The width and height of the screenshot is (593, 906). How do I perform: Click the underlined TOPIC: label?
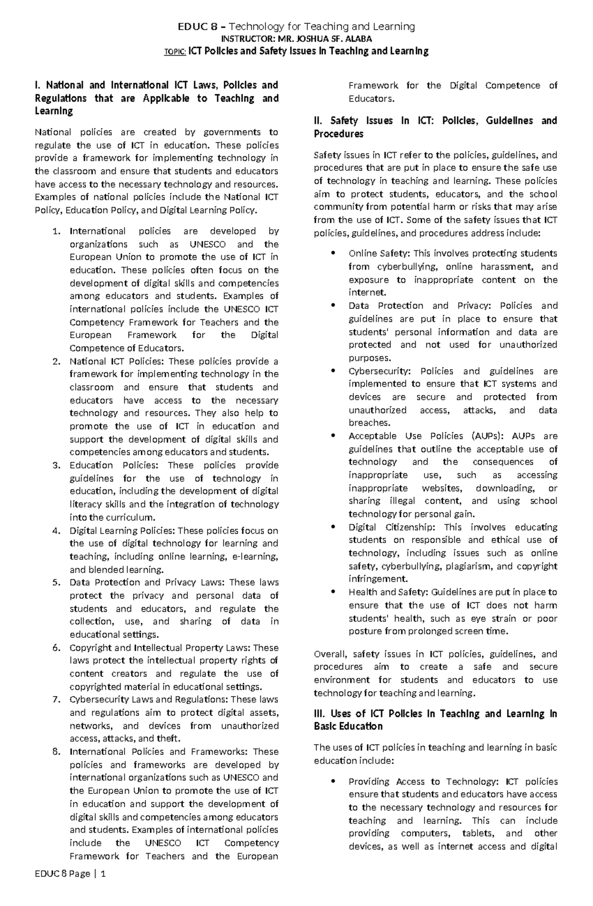(175, 52)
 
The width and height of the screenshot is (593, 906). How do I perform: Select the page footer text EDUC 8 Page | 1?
(70, 874)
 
